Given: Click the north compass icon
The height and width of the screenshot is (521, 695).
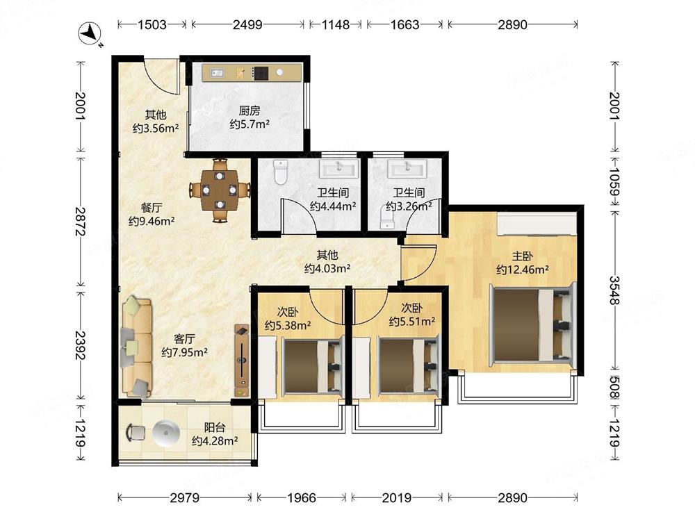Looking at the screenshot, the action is point(90,33).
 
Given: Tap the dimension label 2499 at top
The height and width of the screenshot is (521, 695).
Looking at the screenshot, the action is point(248,24).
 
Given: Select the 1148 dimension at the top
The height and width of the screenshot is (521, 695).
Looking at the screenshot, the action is point(336,24).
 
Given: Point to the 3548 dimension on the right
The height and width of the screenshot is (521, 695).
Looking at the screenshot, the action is point(614,290).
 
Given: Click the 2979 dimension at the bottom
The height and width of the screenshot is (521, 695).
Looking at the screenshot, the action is point(185,498).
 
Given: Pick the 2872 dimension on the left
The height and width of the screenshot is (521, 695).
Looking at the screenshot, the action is point(80,221).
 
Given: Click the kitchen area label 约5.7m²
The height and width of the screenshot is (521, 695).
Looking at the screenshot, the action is point(250,124).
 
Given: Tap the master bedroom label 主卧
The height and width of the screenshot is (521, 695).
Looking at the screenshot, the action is point(523,256).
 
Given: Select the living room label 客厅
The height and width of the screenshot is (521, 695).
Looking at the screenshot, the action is point(184,339).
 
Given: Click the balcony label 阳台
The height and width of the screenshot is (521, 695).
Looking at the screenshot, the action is point(215,427).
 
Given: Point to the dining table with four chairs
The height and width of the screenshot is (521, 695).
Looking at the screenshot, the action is point(220,190).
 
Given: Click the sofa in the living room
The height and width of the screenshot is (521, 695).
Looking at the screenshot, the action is point(137,347).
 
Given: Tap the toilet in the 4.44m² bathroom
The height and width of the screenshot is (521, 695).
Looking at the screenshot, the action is point(281,172).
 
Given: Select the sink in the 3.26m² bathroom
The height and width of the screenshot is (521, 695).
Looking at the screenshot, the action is point(407,169).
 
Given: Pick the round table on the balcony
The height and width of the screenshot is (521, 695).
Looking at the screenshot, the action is point(166,432).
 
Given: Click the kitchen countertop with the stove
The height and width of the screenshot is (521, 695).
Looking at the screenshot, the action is point(252,73).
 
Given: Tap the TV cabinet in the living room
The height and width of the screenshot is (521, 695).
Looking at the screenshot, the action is point(242,360).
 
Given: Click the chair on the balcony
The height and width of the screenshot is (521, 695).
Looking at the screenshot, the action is point(136,432).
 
